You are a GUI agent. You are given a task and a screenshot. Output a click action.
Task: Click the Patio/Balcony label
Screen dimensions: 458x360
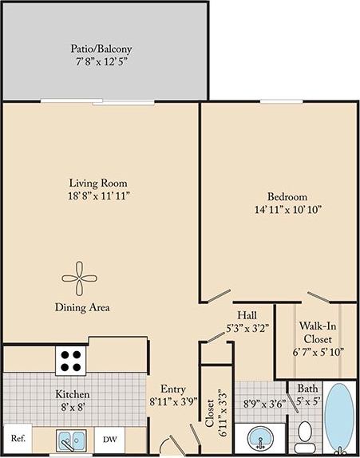[x=100, y=47]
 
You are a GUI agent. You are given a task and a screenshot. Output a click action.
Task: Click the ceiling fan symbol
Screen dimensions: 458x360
[x=80, y=277]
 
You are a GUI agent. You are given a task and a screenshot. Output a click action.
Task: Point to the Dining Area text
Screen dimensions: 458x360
[x=82, y=306]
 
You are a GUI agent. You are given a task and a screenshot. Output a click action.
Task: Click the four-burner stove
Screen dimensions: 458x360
[x=70, y=361]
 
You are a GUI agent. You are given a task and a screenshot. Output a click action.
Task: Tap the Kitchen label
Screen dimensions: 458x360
[x=72, y=394]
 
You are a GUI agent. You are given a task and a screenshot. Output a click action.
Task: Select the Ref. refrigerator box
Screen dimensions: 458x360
[x=18, y=438]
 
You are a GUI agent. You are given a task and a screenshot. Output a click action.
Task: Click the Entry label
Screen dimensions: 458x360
[x=174, y=389]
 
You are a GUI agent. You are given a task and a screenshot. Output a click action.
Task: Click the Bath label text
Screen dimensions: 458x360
[x=308, y=389]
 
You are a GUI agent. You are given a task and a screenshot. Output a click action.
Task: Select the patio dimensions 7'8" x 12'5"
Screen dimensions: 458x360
[x=100, y=61]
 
